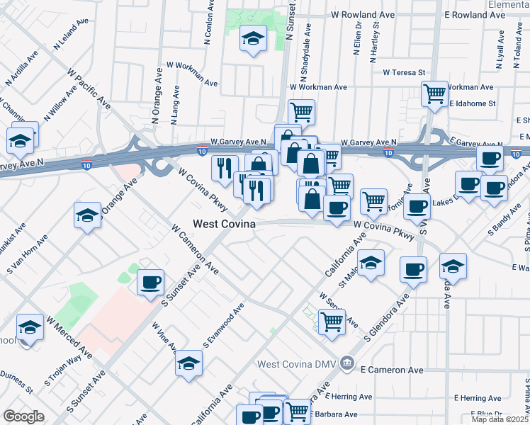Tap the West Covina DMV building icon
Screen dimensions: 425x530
346,364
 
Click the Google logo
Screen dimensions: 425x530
23,416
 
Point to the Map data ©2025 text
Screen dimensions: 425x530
499,419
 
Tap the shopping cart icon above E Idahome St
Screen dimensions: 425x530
434,93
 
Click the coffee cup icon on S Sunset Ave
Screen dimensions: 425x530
150,283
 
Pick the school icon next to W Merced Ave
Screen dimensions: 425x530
30,327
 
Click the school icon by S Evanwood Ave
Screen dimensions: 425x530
188,363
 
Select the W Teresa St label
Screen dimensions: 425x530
403,72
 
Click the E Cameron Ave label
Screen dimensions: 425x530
391,370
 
